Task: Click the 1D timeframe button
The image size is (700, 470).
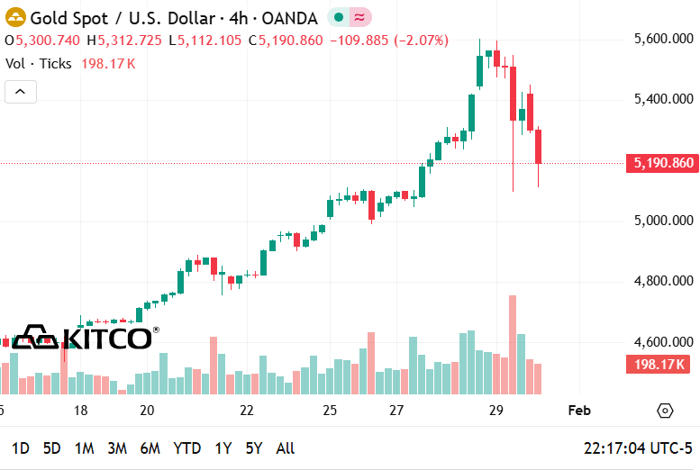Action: click(x=20, y=448)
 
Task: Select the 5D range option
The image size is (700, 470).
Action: click(x=52, y=448)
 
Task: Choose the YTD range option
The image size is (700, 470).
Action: click(x=186, y=448)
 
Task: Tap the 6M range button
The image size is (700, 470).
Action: click(x=150, y=448)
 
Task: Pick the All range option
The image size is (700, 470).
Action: click(x=285, y=448)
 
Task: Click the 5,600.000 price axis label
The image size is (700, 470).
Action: click(x=664, y=39)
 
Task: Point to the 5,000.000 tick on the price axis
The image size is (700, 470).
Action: click(x=664, y=221)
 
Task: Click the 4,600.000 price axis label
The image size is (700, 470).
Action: click(x=664, y=342)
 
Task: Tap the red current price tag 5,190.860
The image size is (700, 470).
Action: click(x=662, y=163)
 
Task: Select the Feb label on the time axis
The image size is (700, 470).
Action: click(x=579, y=411)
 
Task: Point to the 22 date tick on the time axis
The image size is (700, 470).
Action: click(x=247, y=411)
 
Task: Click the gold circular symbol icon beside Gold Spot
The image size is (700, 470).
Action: click(x=15, y=17)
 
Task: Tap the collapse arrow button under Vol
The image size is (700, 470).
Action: click(x=21, y=91)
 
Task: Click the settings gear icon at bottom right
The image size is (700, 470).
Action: click(x=665, y=411)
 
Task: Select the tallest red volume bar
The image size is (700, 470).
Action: click(x=513, y=344)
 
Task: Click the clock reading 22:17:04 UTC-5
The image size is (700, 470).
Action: click(x=638, y=448)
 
